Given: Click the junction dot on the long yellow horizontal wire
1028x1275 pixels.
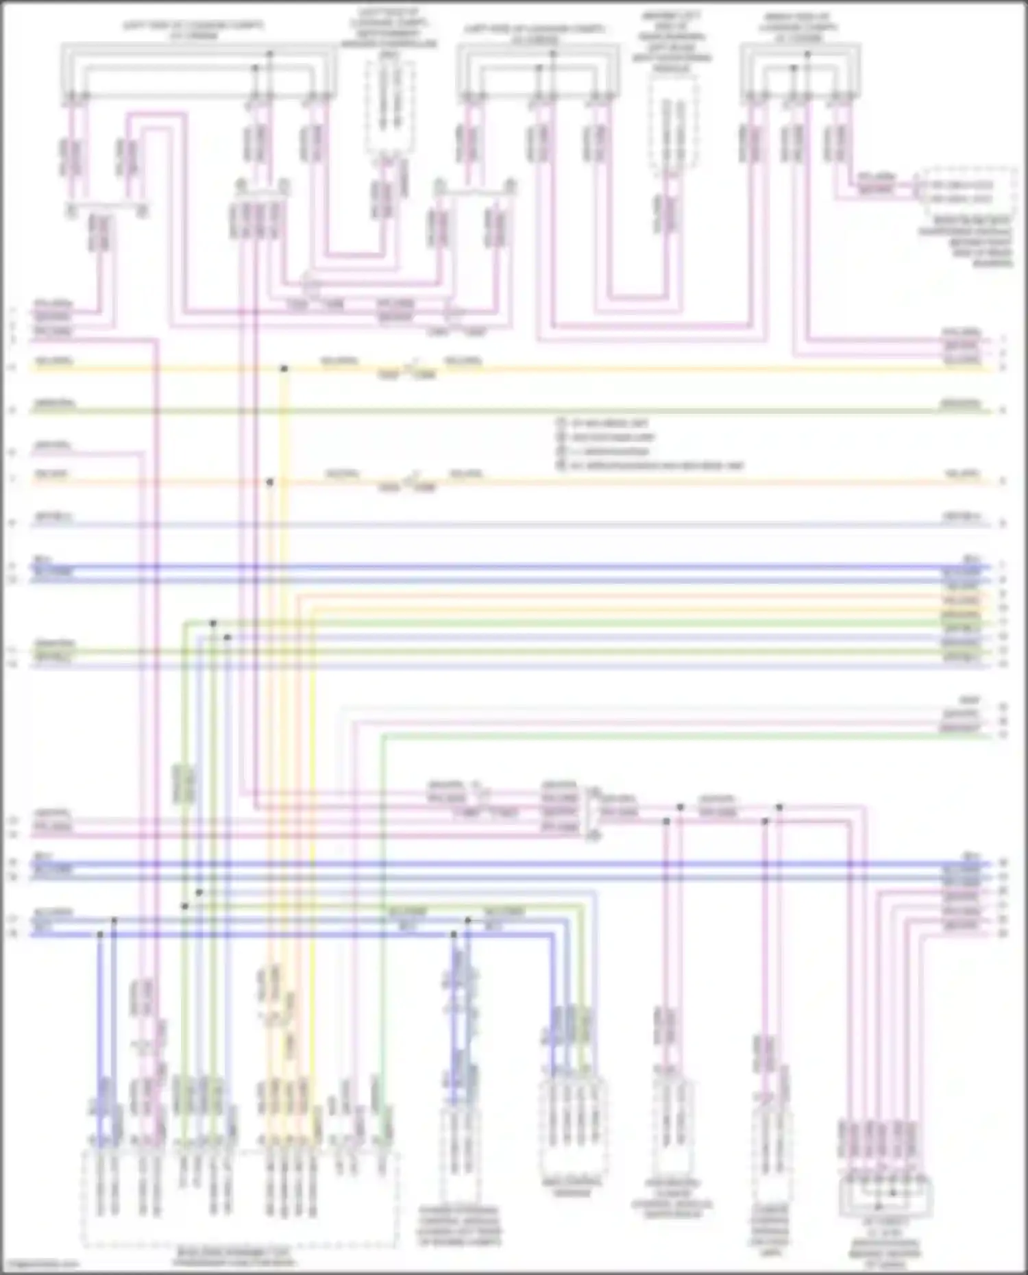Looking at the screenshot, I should (284, 369).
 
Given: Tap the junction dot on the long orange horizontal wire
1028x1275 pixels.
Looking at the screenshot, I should (270, 482).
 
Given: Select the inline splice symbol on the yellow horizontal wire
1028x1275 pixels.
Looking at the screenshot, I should (407, 370).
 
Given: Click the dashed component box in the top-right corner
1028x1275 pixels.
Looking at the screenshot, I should (968, 190).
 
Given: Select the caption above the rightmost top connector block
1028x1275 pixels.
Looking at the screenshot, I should (798, 27).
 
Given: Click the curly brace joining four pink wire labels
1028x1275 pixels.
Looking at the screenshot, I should (587, 811).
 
